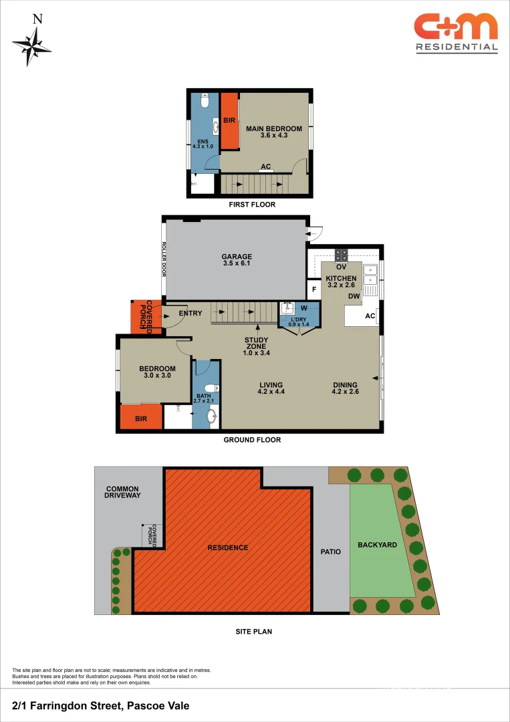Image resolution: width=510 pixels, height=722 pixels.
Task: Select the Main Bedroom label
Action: tap(273, 132)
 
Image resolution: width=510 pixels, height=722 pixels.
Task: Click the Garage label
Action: tap(237, 260)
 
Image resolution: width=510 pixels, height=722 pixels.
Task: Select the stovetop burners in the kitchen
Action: tap(341, 255)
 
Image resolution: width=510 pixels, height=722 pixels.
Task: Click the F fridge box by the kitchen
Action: tap(314, 290)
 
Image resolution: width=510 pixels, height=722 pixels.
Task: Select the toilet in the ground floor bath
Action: tap(210, 389)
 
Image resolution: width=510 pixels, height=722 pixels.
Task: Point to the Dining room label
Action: tap(345, 388)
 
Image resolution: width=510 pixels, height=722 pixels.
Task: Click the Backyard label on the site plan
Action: tap(377, 545)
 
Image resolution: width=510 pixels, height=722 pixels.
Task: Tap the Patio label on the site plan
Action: tap(330, 552)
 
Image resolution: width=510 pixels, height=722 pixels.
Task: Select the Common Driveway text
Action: tap(123, 492)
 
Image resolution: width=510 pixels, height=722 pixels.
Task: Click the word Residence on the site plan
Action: tap(227, 548)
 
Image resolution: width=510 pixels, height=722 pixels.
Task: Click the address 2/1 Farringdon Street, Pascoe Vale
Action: tap(100, 706)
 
